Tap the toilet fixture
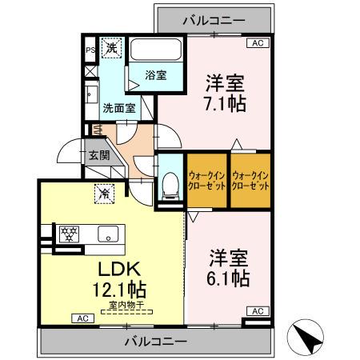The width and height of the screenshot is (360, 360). pos(169,185)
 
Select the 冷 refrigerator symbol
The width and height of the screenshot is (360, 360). pos(104,192)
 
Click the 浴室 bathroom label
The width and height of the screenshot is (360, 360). pos(155,75)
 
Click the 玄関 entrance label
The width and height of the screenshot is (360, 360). pos(98,155)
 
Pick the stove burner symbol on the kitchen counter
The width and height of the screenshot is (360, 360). pos(70,234)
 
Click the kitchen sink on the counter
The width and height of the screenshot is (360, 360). pos(107,234)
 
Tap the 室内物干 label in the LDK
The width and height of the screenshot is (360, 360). pos(122,304)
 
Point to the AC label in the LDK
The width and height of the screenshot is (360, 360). pos(81,318)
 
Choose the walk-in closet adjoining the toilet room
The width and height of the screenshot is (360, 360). pos(205,180)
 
